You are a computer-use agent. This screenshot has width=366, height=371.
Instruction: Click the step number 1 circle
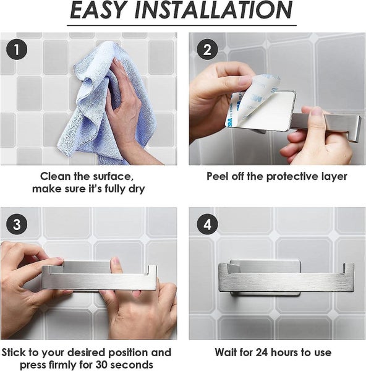(17, 49)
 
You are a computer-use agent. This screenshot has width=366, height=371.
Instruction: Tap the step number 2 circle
(207, 49)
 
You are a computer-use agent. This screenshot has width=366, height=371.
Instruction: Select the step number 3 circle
(17, 224)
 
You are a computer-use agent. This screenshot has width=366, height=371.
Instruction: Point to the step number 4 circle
(207, 224)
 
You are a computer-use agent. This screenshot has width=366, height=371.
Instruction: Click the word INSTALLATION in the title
(214, 10)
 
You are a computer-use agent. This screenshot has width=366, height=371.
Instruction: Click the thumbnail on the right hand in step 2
(317, 111)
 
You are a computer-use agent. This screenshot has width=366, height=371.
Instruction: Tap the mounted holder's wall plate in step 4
(265, 267)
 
